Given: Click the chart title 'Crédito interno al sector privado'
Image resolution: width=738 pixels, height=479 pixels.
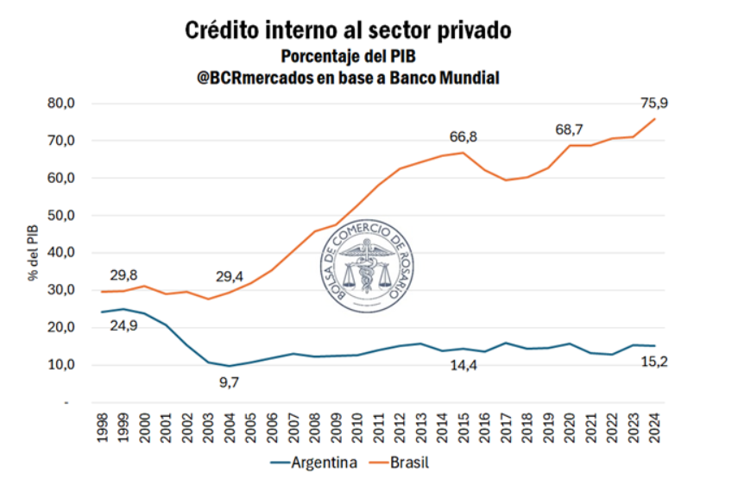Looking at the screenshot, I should (x=349, y=29).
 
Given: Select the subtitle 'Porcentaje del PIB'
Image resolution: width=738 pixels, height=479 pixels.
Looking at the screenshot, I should (x=349, y=56).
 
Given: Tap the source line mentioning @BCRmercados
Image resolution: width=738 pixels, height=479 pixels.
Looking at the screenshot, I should (x=349, y=78).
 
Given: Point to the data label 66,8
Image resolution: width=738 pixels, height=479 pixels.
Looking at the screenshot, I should (x=464, y=137).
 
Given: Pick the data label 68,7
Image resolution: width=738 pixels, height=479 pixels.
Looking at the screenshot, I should (x=569, y=129).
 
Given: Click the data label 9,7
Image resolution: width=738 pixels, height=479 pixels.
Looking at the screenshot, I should (x=230, y=382).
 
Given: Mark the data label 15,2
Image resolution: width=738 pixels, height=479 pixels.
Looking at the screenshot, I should (x=653, y=361).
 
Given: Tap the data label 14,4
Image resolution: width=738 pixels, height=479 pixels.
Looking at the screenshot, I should (x=464, y=366).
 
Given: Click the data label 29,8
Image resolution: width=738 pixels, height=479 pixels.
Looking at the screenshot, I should (x=124, y=275).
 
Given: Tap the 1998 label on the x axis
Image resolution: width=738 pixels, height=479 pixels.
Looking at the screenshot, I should (x=104, y=428).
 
